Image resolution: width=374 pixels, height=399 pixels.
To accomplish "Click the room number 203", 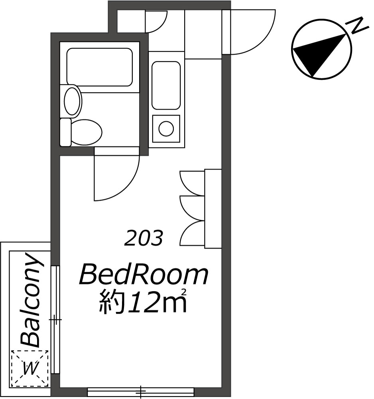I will [x=144, y=239].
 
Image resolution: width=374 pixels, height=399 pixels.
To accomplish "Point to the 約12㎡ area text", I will [x=143, y=302].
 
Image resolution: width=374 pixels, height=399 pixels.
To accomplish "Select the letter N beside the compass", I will [x=358, y=26].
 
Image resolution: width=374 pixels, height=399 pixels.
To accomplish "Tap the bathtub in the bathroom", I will [x=99, y=67].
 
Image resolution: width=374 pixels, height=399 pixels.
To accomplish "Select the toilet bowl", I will [x=86, y=131].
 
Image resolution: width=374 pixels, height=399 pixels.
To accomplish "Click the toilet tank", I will [x=65, y=132].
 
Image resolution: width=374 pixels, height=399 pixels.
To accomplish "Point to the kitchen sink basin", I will [x=166, y=85].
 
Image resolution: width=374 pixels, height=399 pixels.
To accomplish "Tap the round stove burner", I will [x=166, y=128].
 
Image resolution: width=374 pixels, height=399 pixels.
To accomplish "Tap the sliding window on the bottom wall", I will [x=141, y=392].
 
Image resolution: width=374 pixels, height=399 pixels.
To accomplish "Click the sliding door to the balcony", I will [x=56, y=319].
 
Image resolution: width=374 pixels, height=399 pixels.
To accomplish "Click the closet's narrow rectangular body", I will [x=213, y=208].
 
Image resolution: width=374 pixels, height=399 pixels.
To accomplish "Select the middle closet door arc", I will [x=192, y=207].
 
